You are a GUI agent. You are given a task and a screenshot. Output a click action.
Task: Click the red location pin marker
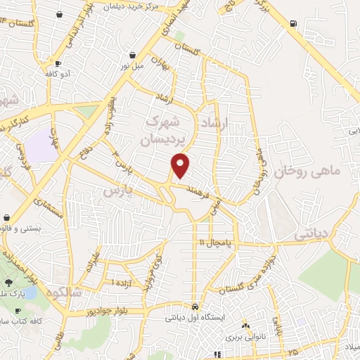[x=181, y=165]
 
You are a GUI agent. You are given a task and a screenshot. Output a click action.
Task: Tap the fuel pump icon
[x=292, y=23]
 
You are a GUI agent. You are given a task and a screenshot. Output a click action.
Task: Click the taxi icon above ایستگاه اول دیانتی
[x=195, y=307]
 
